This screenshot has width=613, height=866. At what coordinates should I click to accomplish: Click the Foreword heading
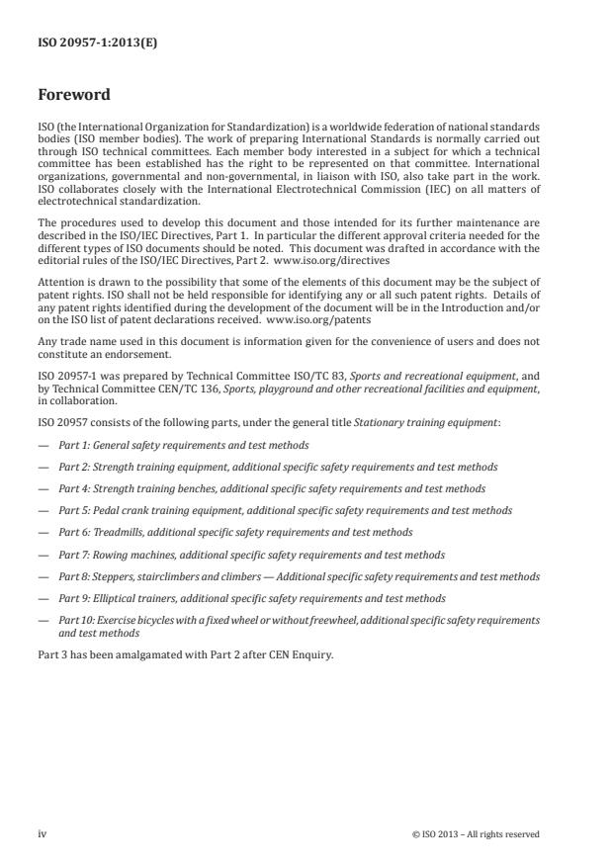[x=74, y=96]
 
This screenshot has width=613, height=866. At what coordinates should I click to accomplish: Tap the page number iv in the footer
[x=43, y=833]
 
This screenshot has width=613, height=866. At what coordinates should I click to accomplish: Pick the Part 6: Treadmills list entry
[x=235, y=532]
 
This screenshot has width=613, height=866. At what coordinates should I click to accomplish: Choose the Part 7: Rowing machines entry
[x=251, y=555]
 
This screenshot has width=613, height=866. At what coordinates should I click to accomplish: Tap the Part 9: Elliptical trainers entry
[x=251, y=598]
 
